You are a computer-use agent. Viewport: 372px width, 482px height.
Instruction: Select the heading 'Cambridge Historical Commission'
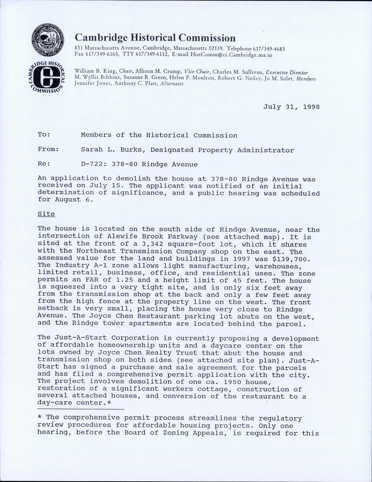[155, 38]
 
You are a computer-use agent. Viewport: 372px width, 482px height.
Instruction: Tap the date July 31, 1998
[291, 107]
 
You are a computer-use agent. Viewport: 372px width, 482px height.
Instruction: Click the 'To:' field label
[44, 135]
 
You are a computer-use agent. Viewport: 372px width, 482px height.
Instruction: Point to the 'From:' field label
[48, 150]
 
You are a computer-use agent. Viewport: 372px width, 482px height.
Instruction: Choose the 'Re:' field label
[44, 164]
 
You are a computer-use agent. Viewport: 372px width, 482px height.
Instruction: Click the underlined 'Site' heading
[46, 214]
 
